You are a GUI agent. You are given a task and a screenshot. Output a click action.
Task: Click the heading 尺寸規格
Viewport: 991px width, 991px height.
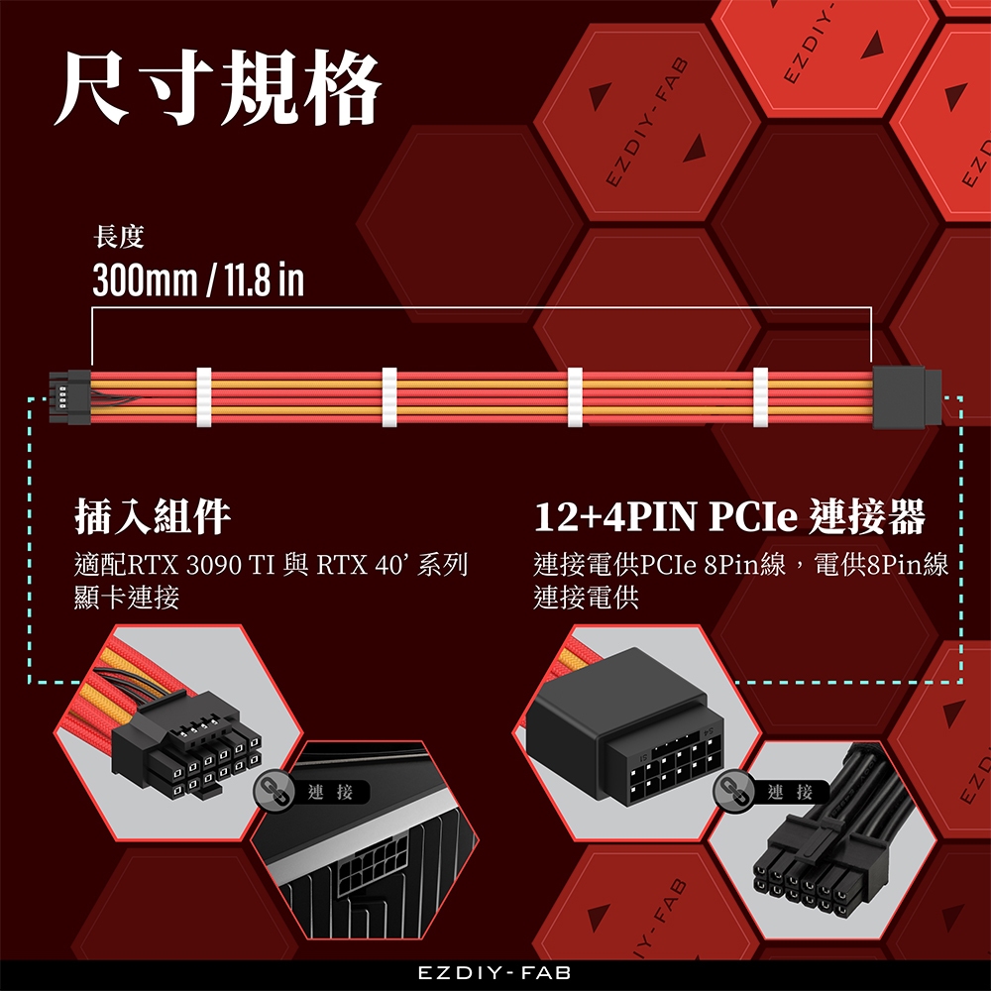coord(218,87)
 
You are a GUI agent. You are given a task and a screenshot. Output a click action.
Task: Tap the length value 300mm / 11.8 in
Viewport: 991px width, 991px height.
coord(198,280)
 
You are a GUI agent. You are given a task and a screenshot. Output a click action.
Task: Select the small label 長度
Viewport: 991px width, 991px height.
coord(118,237)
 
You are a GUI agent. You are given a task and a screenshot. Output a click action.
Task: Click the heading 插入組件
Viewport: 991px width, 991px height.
coord(153,516)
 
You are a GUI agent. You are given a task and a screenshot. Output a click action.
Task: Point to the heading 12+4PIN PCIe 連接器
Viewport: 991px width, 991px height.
coord(729,516)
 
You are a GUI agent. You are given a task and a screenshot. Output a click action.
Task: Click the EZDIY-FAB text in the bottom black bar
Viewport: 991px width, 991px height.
coord(495,973)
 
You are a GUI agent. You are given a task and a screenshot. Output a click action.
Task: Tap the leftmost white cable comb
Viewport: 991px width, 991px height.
coord(203,397)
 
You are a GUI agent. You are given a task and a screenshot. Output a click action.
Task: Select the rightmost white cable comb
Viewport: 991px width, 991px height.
coord(760,397)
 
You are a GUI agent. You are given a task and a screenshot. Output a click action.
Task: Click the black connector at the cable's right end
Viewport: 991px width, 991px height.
coord(907,397)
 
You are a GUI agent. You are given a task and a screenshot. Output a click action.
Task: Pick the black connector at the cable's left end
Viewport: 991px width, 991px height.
coord(70,397)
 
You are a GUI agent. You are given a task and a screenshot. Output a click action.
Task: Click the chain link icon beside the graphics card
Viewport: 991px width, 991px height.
coord(275,792)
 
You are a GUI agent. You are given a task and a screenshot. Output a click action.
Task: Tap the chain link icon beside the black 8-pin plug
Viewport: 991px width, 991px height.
coord(733,792)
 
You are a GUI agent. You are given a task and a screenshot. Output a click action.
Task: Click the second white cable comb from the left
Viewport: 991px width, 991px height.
coord(389,397)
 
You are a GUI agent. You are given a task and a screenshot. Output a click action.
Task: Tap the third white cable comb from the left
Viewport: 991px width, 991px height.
coord(575,397)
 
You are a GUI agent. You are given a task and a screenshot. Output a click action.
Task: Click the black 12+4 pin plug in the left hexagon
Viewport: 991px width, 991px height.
coord(186,746)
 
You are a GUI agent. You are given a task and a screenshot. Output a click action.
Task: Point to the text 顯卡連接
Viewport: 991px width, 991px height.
coord(127,598)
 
